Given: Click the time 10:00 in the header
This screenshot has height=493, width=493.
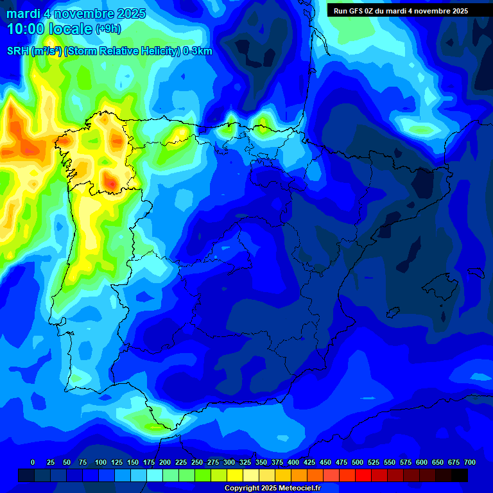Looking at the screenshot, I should click(26, 29).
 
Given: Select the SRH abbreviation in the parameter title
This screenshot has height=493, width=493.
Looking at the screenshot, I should click(18, 51).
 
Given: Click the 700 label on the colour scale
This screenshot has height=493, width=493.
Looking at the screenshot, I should click(469, 462).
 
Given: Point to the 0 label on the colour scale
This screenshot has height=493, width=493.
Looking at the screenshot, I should click(33, 462).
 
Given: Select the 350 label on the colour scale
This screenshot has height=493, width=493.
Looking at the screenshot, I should click(261, 462).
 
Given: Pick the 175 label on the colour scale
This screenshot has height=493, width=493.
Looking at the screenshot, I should click(149, 462).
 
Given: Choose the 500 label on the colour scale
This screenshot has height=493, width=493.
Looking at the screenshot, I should click(358, 462).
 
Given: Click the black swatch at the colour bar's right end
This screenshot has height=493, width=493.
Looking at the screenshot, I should click(460, 475).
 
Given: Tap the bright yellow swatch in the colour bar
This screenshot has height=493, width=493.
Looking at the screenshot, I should click(235, 475).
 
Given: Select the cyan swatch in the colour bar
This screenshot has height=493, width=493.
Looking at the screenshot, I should click(155, 475).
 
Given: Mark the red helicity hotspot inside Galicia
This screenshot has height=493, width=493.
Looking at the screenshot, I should click(112, 183).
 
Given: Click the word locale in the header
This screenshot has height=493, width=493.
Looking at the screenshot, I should click(71, 29).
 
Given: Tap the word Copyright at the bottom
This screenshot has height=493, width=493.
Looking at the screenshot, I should click(243, 489).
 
